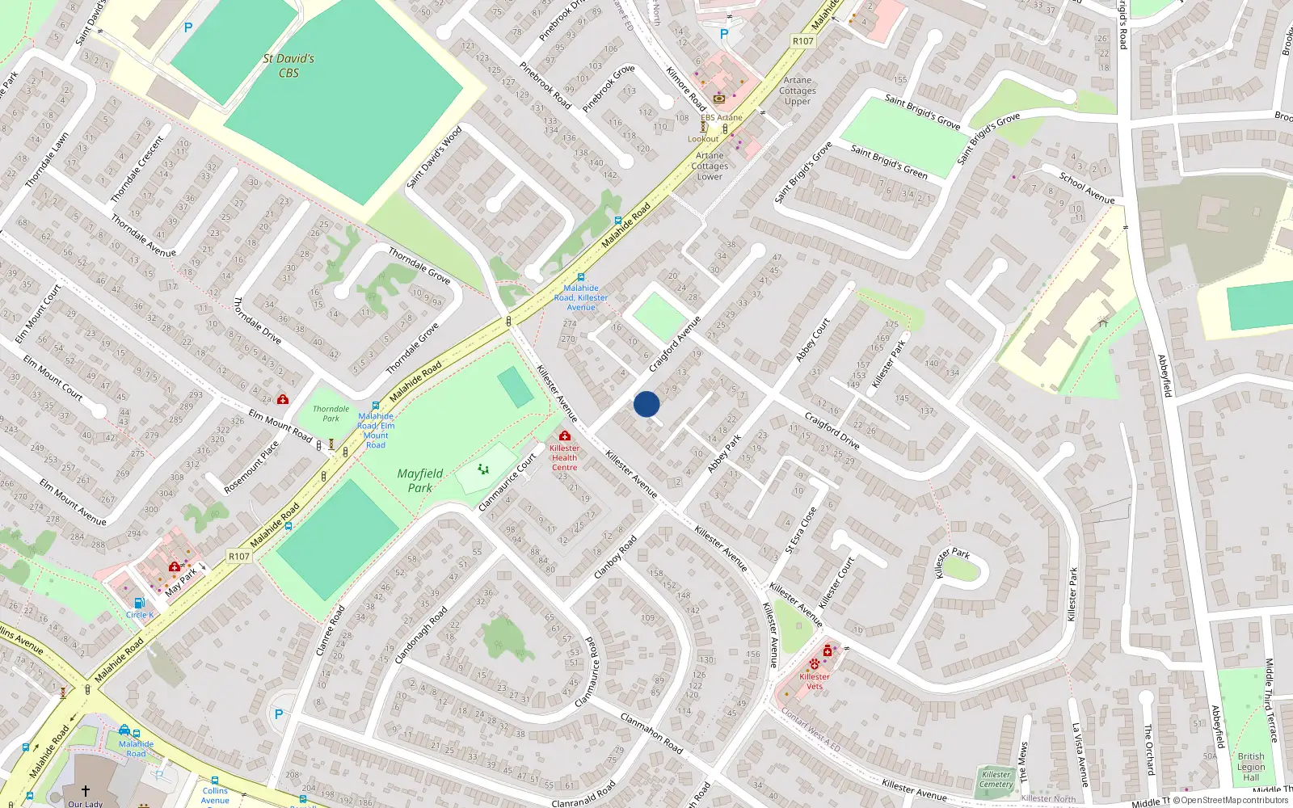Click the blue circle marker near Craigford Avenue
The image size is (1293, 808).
click(x=646, y=404)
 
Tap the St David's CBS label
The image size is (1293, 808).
click(x=289, y=65)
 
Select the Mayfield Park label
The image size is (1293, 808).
click(x=420, y=480)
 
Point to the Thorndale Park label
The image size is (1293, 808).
click(x=331, y=414)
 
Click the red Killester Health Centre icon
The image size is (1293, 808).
click(x=564, y=436)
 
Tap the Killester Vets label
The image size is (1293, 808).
click(x=815, y=682)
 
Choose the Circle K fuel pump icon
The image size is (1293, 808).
click(x=138, y=603)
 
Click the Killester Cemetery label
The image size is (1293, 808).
click(x=996, y=779)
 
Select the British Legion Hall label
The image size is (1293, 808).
click(x=1251, y=767)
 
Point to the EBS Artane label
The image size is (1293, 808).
click(x=722, y=117)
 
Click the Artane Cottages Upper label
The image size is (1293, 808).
click(x=798, y=90)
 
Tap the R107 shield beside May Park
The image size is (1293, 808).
click(x=239, y=556)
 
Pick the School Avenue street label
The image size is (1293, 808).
click(x=1087, y=187)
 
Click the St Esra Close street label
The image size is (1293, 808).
click(x=801, y=530)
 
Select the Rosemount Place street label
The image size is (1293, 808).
click(x=252, y=467)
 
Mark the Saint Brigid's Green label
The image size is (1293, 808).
click(x=889, y=161)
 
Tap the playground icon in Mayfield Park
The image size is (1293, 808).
click(x=483, y=469)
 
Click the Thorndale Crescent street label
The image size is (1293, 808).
click(x=137, y=169)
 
